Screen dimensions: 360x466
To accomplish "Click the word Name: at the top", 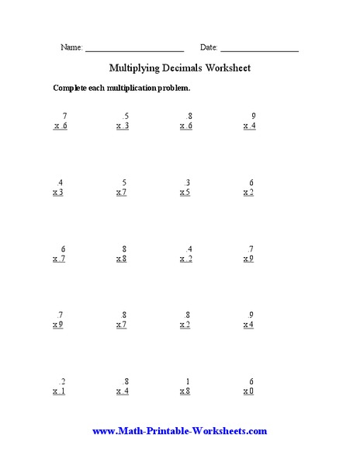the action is (x=71, y=47).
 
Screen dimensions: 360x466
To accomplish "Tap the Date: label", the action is (x=209, y=47).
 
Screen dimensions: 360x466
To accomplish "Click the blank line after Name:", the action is (x=133, y=50).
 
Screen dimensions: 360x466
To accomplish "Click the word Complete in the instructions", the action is (x=70, y=88).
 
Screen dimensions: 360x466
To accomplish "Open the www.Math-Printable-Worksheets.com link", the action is (x=179, y=430).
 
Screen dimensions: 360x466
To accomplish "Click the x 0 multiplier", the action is (x=248, y=391).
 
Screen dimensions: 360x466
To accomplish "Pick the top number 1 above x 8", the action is (x=187, y=381).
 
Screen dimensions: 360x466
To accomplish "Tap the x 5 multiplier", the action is (x=185, y=193).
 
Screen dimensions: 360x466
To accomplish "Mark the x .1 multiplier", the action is (x=59, y=391).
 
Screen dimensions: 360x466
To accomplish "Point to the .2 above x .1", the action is (x=61, y=381).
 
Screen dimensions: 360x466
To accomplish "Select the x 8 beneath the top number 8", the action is (x=122, y=259).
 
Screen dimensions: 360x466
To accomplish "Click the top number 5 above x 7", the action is (x=126, y=183).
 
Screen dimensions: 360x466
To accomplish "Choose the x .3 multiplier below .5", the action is (x=123, y=126).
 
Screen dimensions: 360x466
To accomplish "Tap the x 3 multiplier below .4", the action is (x=58, y=193).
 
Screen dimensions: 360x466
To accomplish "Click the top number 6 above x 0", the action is (x=251, y=381).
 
